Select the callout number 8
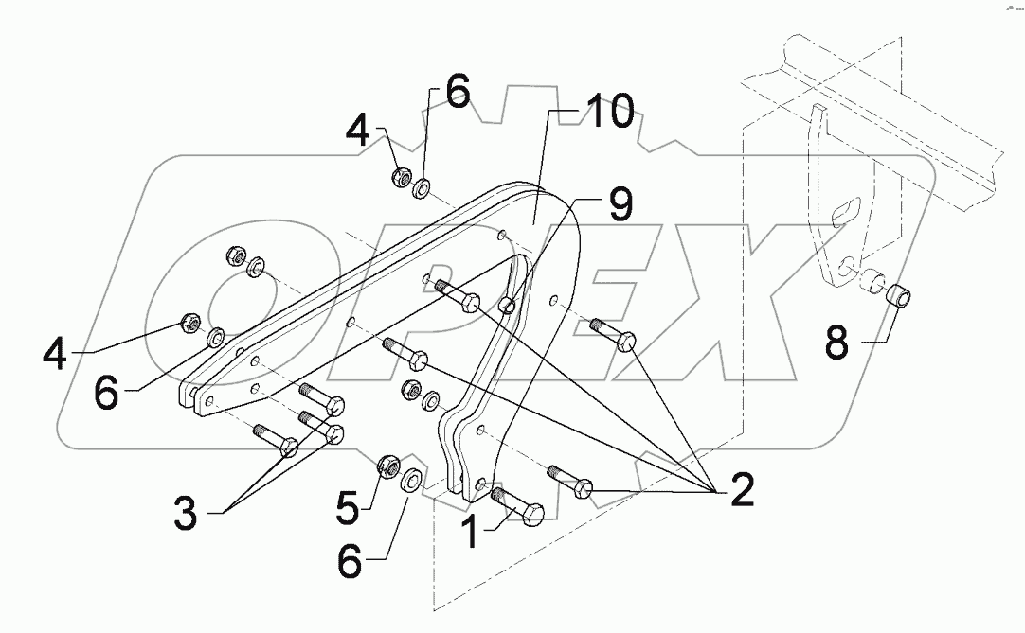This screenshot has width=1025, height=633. (836, 343)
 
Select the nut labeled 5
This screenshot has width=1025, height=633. (387, 465)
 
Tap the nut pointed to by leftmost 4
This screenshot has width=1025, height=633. (189, 324)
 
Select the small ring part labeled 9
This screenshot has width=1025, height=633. (508, 305)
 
